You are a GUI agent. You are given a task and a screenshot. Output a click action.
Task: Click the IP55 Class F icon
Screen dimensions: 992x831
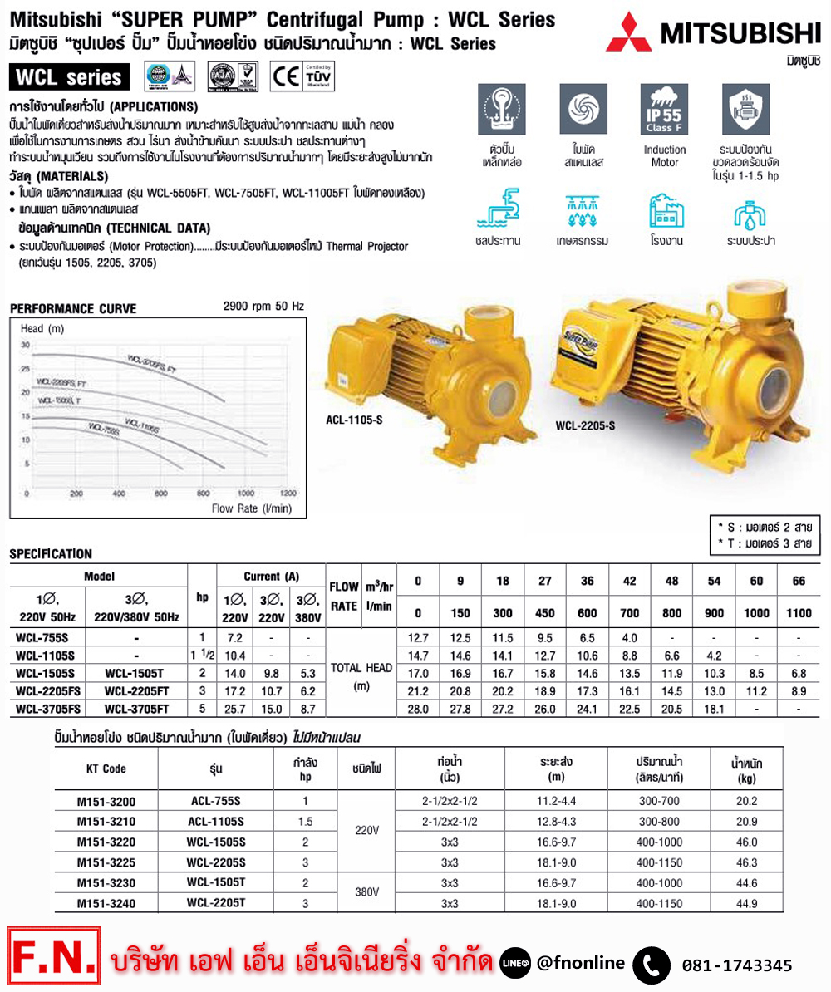(665, 112)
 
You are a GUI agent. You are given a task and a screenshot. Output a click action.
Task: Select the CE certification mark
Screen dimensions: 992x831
(287, 77)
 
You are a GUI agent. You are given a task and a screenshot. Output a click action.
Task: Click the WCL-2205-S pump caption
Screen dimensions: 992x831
(585, 427)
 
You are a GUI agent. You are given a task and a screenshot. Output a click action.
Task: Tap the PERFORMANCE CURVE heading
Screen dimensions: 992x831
(73, 308)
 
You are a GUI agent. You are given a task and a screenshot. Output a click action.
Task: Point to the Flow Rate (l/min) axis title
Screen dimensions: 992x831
(246, 508)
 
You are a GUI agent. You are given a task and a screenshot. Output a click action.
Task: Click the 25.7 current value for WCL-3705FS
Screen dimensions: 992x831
(233, 709)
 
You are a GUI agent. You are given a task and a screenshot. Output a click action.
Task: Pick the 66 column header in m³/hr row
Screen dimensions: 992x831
(799, 582)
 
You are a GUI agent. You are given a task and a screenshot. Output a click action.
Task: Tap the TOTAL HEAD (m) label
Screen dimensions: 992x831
(361, 675)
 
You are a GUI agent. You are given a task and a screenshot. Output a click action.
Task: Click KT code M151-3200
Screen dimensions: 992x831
(106, 802)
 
